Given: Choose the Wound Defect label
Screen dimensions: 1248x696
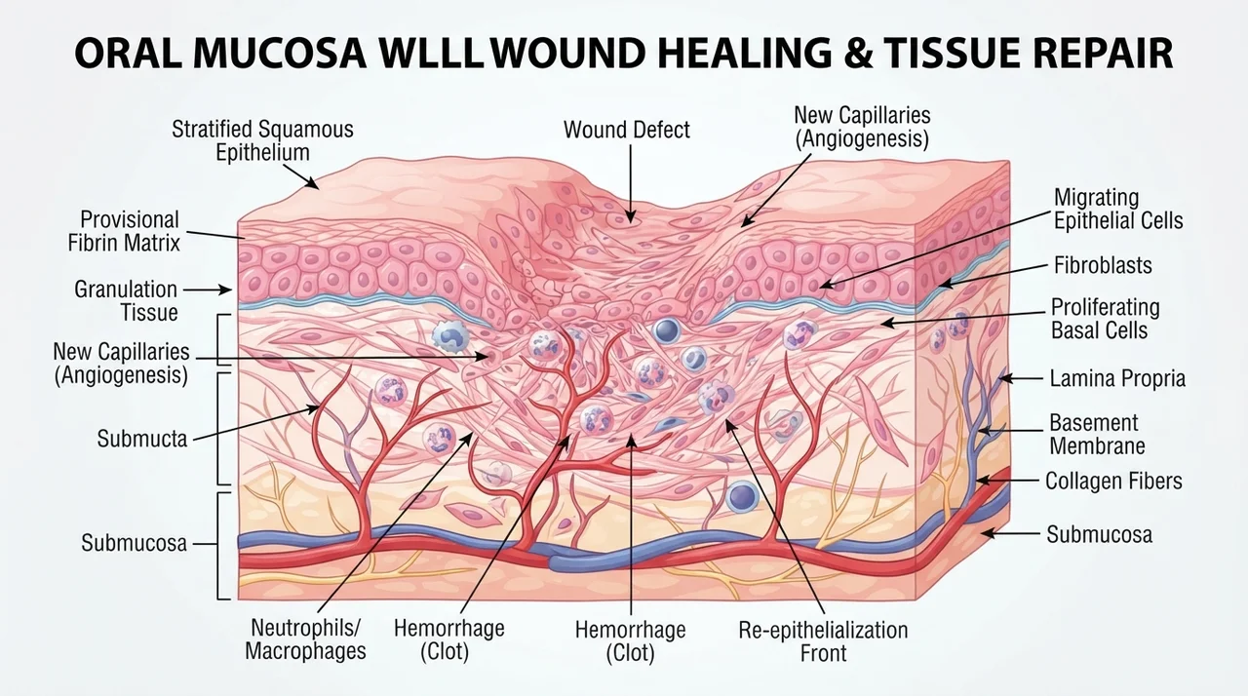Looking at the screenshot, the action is tap(627, 131).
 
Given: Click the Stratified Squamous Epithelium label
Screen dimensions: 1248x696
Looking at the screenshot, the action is tap(262, 141).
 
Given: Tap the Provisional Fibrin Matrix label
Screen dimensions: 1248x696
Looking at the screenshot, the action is tap(124, 231).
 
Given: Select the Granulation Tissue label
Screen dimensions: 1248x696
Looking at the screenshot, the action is tap(126, 300).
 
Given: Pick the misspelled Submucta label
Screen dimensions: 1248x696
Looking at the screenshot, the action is tap(142, 439).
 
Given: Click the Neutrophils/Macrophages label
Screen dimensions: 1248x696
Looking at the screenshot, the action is tap(305, 639).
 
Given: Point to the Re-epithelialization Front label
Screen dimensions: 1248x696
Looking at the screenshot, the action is tap(824, 641).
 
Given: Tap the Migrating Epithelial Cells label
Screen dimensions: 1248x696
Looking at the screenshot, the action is tap(1118, 210).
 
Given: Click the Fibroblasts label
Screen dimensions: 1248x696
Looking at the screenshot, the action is tap(1103, 265).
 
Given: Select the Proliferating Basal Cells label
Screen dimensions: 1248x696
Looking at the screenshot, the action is tap(1106, 319).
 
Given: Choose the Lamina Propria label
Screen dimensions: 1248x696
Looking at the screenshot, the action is tap(1117, 378).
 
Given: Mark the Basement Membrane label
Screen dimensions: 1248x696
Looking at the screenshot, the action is tap(1097, 435).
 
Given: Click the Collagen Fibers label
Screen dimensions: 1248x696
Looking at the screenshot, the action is tap(1113, 482).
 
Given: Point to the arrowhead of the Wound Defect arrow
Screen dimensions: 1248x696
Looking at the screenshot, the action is tap(631, 217).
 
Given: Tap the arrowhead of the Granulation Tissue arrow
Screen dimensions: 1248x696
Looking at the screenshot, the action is tap(225, 290).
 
